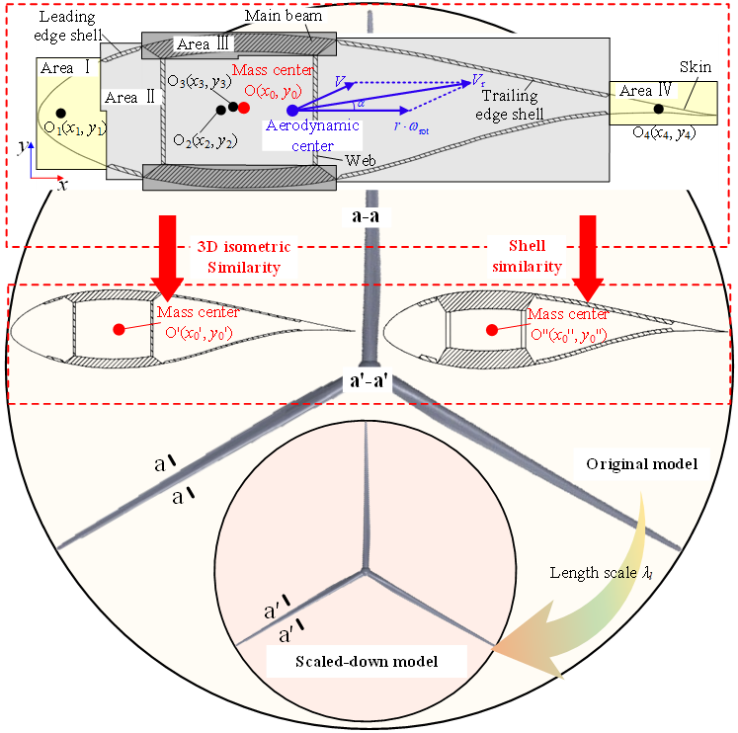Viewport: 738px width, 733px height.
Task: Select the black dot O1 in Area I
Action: [61, 113]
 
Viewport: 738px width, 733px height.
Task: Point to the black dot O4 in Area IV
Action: [658, 108]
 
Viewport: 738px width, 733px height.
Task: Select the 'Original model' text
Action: [643, 463]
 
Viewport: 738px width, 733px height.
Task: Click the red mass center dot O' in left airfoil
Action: [121, 327]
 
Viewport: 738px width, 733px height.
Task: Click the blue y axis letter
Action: [23, 144]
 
